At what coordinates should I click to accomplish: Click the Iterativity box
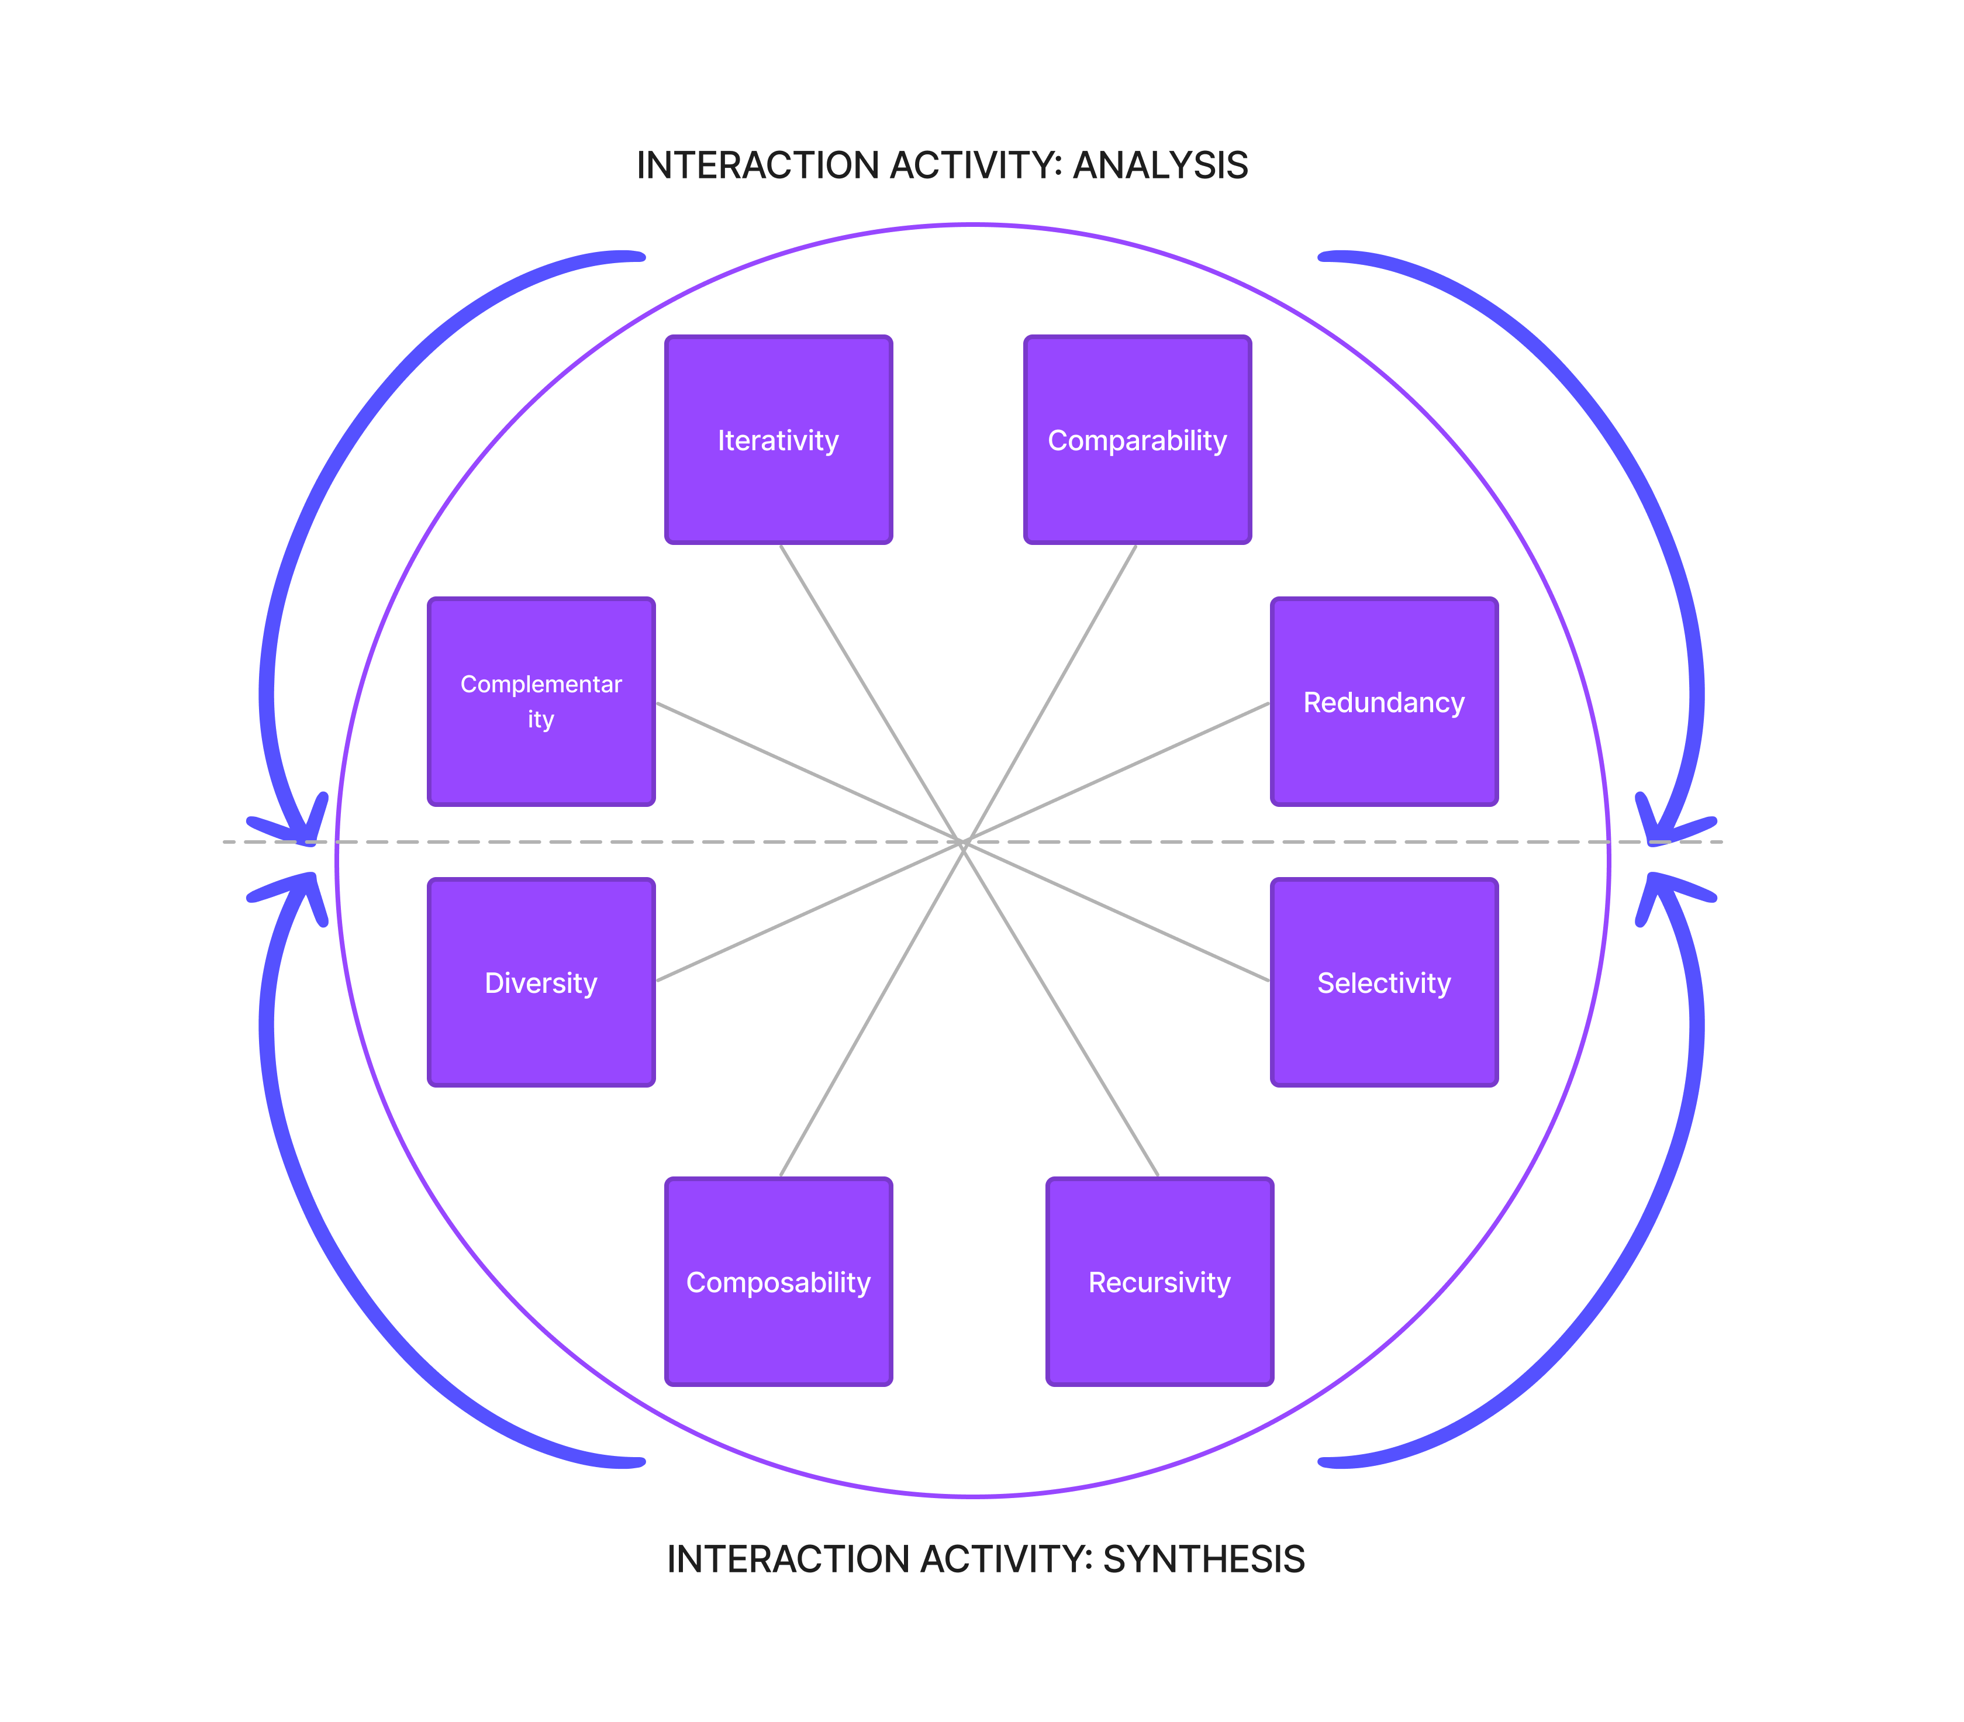pos(778,440)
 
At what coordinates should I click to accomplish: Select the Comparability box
pos(1138,440)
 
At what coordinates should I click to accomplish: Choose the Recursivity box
pos(1160,1282)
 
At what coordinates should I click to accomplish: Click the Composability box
pos(778,1282)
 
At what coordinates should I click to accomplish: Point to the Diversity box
pos(541,983)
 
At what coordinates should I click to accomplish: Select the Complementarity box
pos(541,702)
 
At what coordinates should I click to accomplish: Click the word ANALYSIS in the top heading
pos(1161,165)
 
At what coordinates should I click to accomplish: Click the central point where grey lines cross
pos(964,842)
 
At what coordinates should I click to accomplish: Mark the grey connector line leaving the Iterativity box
pos(872,694)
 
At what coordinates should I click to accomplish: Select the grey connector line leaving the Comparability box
pos(1050,694)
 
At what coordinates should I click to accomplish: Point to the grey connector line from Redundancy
pos(1117,772)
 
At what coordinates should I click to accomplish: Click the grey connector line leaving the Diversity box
pos(810,911)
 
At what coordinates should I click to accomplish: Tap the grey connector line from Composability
pos(872,1009)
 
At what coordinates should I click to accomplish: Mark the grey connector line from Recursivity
pos(1061,1009)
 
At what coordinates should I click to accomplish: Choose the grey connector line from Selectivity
pos(1117,911)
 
